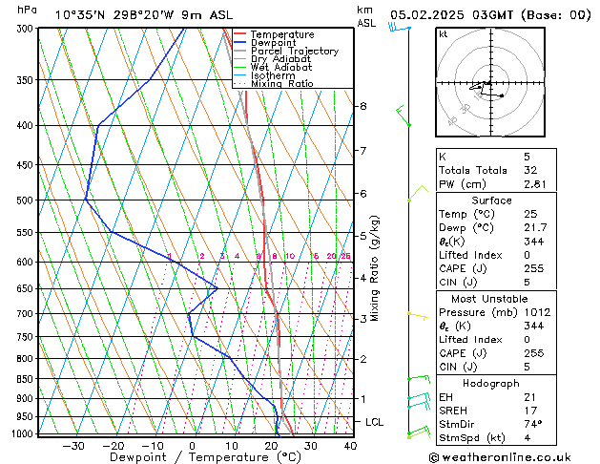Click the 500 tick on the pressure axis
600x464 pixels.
click(x=27, y=200)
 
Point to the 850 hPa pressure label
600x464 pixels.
click(x=27, y=379)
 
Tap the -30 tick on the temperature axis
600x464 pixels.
click(x=73, y=446)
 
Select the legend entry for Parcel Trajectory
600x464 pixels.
click(x=294, y=52)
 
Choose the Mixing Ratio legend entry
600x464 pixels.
click(x=281, y=84)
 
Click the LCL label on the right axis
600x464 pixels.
click(x=374, y=421)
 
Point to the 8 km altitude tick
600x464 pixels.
click(x=362, y=106)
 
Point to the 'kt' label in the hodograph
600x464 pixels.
click(x=444, y=34)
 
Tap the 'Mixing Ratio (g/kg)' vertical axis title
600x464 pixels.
click(x=376, y=267)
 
